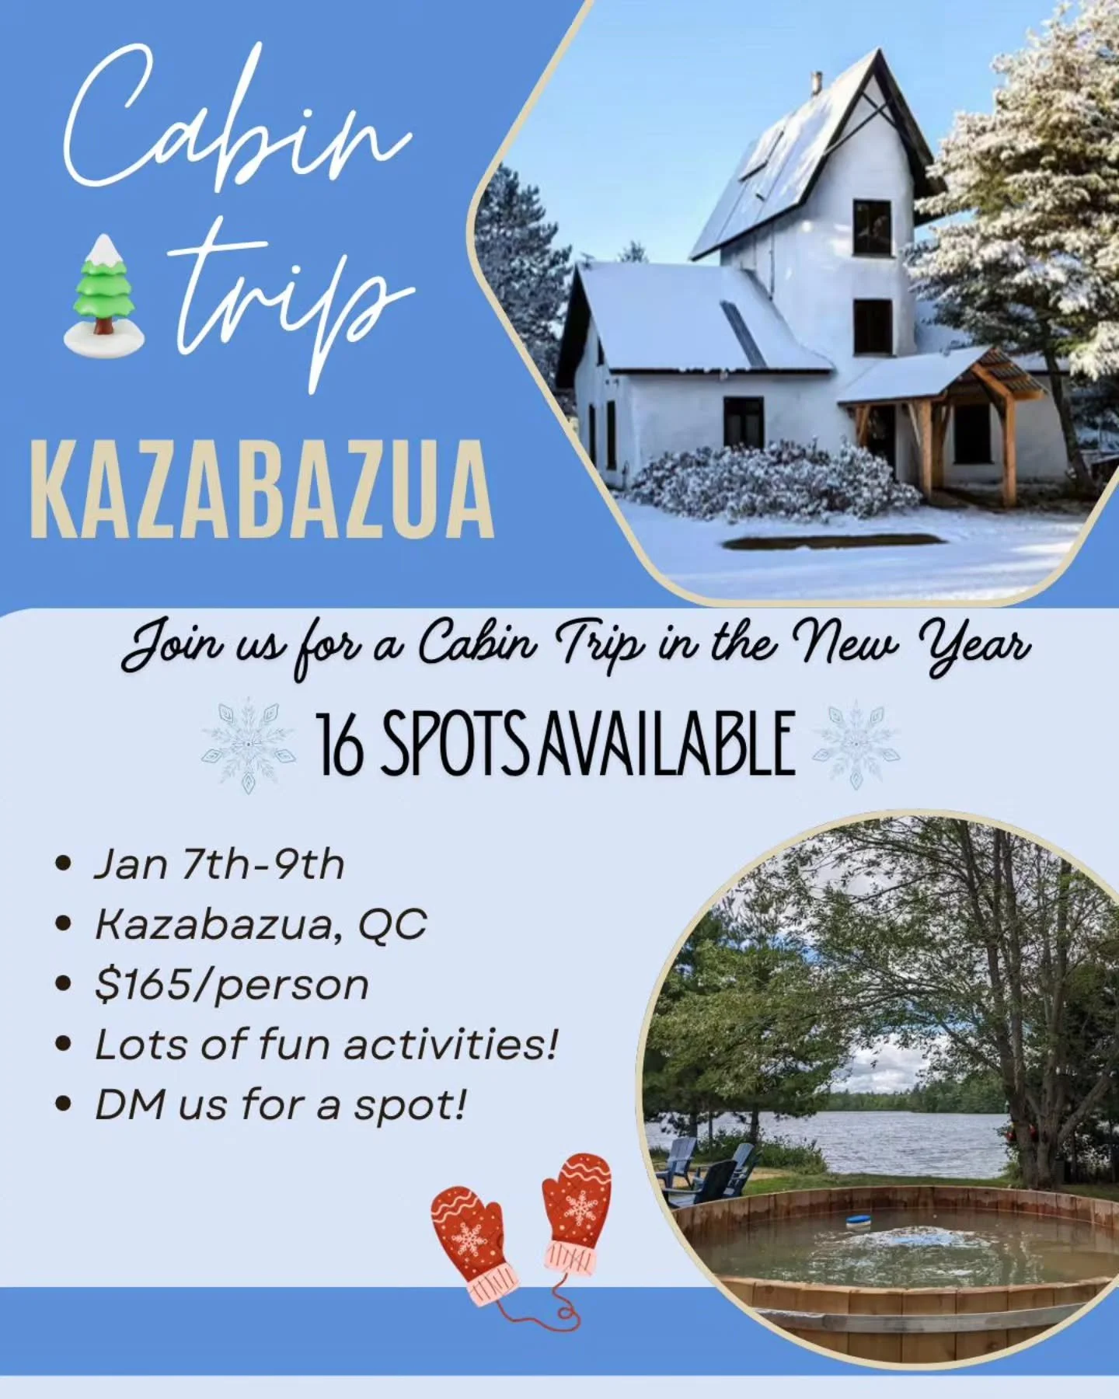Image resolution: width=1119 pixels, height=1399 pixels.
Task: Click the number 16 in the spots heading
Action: tap(340, 744)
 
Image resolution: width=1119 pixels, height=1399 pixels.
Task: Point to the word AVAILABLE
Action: tap(677, 744)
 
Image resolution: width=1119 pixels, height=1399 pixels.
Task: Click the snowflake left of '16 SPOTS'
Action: tap(249, 745)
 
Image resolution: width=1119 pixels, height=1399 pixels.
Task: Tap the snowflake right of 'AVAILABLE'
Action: tap(856, 744)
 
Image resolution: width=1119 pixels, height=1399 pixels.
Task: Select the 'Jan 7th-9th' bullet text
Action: tap(219, 864)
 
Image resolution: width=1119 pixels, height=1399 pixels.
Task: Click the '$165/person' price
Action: tap(232, 985)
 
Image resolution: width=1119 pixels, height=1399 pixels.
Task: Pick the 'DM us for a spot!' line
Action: tap(281, 1104)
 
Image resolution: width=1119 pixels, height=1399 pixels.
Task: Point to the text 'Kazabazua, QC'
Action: tap(261, 924)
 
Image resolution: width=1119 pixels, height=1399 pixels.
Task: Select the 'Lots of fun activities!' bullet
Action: tap(326, 1045)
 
